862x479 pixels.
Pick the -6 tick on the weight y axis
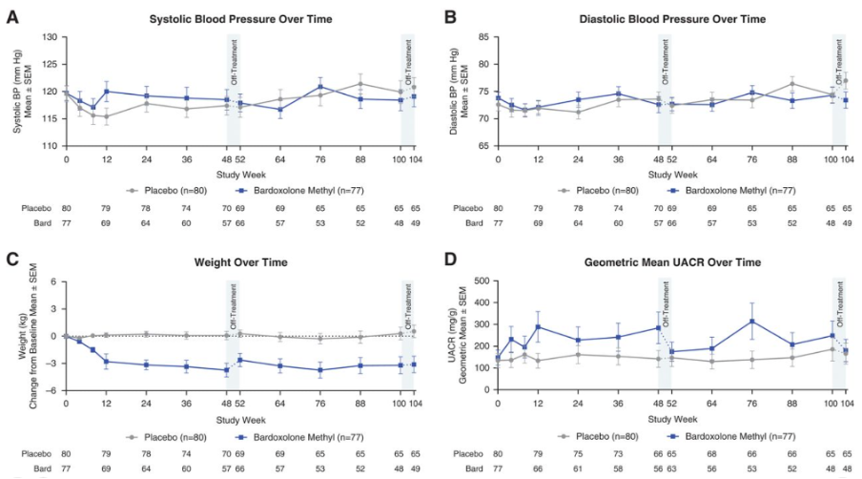click(52, 391)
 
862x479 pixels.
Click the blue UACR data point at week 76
click(752, 322)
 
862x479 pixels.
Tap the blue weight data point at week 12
click(107, 362)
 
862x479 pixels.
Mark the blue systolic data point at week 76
click(320, 87)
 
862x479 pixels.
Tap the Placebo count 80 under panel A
click(67, 206)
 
